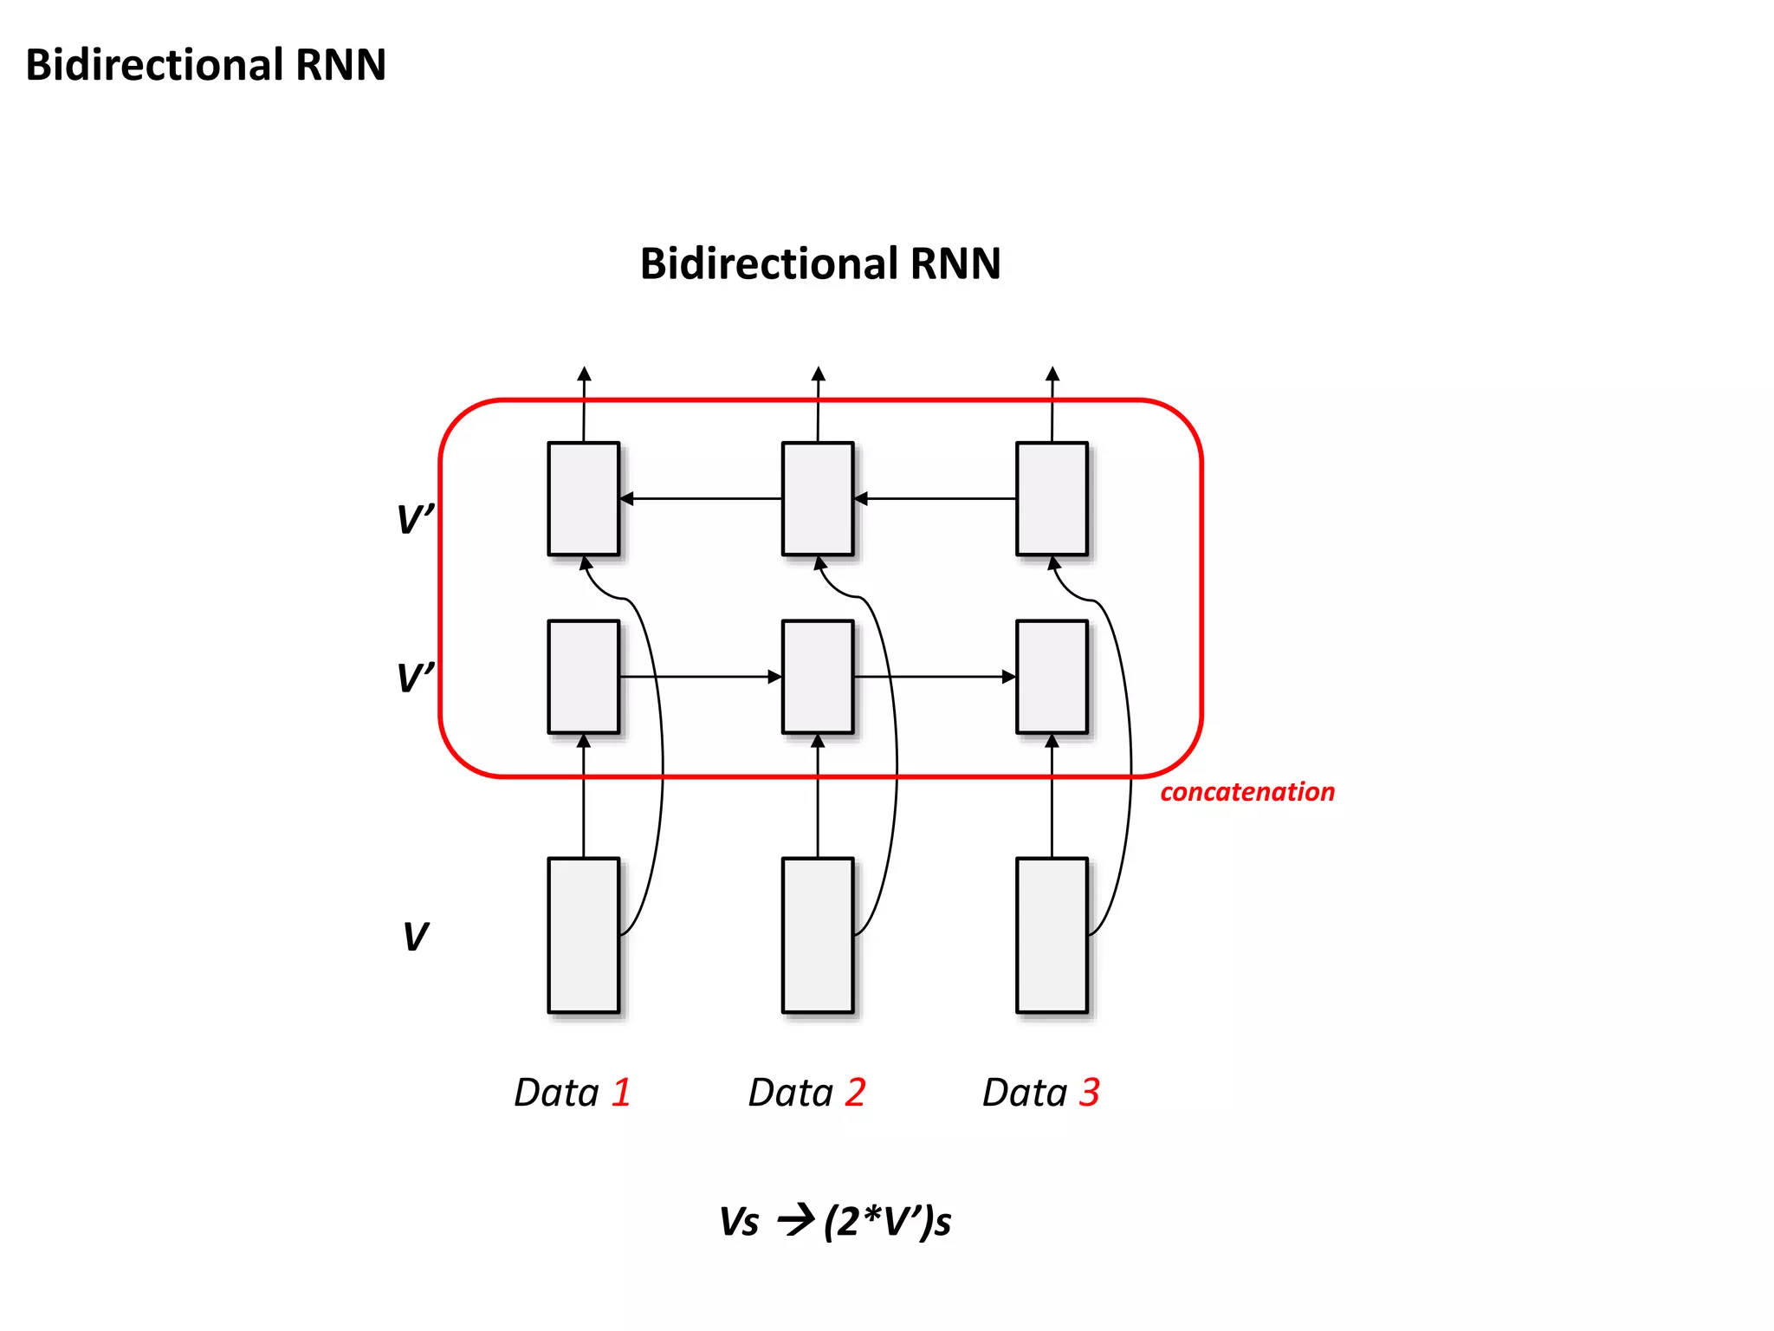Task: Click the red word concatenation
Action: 1246,792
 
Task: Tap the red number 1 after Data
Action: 621,1092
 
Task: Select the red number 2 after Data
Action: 856,1092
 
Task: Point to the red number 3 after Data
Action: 1090,1092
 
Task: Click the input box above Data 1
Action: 583,935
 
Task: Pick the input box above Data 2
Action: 818,935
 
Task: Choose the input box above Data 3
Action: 1052,935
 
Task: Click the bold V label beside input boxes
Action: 415,937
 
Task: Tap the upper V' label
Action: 414,519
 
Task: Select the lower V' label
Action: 414,677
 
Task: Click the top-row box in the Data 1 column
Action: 583,498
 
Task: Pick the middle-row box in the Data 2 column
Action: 818,677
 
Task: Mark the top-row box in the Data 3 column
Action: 1052,498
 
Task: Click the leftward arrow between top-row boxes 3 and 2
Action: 936,498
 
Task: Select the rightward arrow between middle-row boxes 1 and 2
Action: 700,677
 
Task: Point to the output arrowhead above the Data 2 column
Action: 818,374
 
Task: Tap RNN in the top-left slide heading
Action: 340,65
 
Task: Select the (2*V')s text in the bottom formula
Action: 887,1222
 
